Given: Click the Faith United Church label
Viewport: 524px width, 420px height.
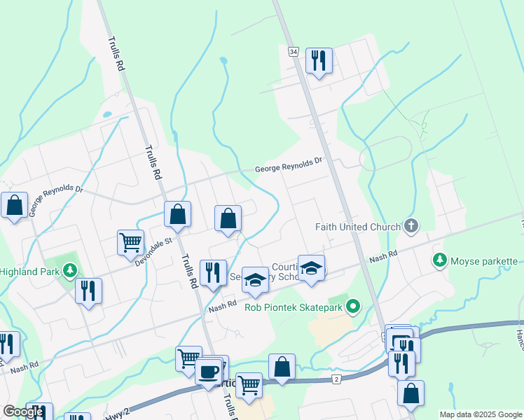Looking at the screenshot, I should [357, 227].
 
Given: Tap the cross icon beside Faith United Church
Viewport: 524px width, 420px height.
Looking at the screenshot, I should [411, 226].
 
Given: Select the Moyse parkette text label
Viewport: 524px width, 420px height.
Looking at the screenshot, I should [483, 261].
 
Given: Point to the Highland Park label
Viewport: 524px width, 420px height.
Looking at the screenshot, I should [29, 271].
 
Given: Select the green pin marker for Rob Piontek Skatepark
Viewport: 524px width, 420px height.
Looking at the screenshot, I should [354, 305].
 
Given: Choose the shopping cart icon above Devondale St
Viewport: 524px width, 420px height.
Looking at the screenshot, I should [131, 242].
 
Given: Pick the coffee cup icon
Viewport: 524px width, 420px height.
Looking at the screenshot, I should [208, 371].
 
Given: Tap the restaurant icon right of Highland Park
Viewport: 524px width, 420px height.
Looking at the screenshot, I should [89, 290].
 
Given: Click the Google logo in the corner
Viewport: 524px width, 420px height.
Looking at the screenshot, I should [23, 412].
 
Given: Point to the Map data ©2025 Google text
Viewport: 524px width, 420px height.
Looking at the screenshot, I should [481, 414].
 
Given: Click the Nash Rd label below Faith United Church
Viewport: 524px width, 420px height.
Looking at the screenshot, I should [383, 258].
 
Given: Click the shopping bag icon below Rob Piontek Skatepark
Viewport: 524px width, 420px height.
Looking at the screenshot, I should [282, 366].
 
